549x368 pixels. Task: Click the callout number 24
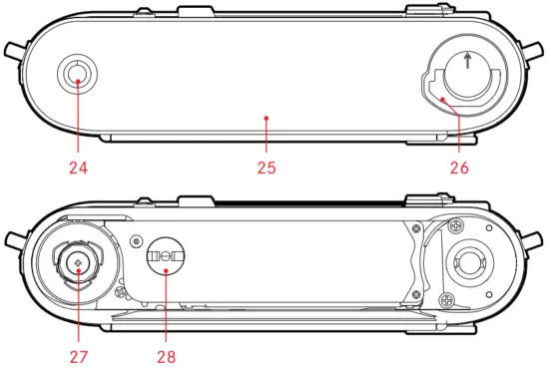click(79, 168)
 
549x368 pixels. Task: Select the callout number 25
click(267, 168)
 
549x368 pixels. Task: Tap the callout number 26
click(459, 168)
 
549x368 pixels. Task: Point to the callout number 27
click(79, 357)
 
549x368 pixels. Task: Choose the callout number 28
click(166, 357)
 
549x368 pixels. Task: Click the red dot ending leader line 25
click(267, 119)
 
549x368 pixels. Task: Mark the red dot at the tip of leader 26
click(443, 100)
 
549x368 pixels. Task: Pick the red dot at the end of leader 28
click(166, 270)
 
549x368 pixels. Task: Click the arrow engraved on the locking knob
click(467, 61)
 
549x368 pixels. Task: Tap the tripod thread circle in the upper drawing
click(78, 74)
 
